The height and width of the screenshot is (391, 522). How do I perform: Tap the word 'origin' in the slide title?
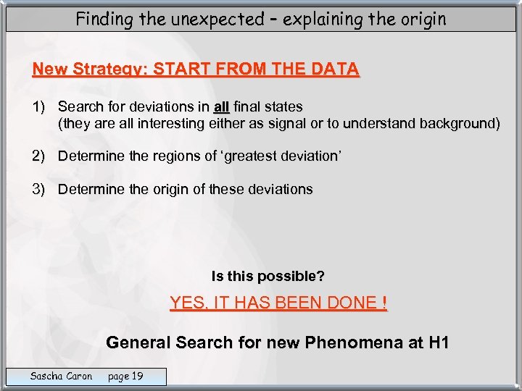click(422, 19)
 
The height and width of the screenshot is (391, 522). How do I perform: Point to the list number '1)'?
click(38, 106)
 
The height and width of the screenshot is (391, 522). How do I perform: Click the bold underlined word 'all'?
click(221, 106)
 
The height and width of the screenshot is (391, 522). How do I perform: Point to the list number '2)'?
click(38, 156)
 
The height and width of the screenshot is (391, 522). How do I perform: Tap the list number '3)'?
click(38, 189)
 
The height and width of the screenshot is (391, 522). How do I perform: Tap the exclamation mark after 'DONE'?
click(383, 303)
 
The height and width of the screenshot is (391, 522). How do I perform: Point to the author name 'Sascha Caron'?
click(61, 376)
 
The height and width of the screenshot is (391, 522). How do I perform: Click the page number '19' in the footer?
click(136, 376)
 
